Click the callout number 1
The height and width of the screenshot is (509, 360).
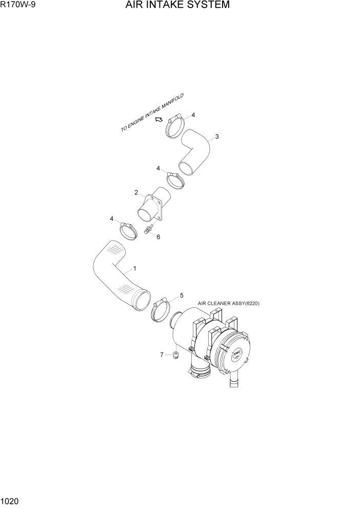click(x=135, y=268)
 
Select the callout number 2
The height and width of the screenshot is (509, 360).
click(x=136, y=193)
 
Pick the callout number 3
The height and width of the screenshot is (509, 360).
click(x=217, y=136)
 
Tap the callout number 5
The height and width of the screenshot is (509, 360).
click(x=181, y=296)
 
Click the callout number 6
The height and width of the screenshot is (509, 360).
click(x=158, y=237)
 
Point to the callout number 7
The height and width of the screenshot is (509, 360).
click(x=162, y=354)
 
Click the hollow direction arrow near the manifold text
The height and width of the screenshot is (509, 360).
click(x=159, y=120)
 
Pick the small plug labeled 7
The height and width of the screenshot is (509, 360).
click(x=175, y=355)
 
